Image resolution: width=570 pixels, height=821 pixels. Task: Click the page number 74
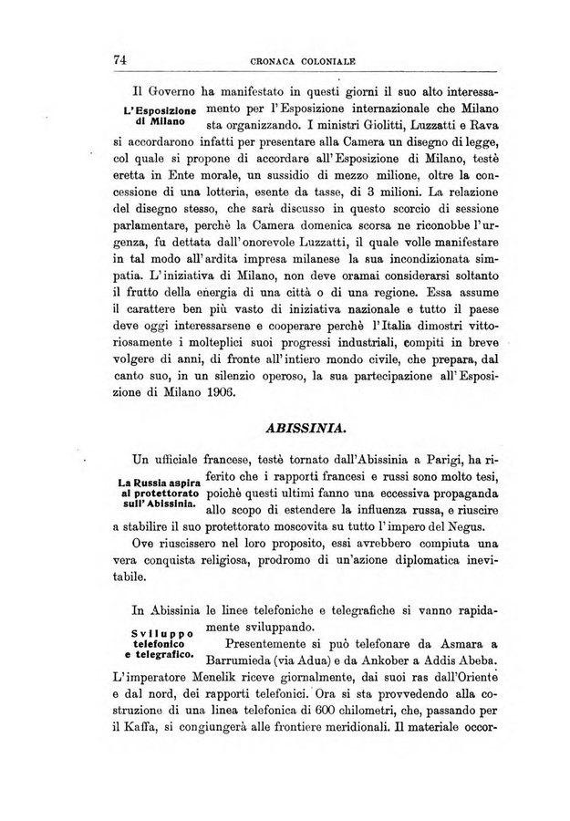(118, 60)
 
